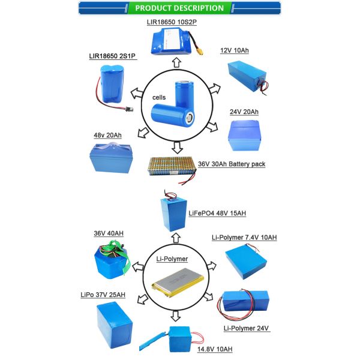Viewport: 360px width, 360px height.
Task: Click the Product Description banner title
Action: pyautogui.click(x=179, y=8)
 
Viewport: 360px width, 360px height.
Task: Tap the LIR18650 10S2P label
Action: pyautogui.click(x=175, y=22)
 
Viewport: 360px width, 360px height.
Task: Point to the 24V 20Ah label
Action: pyautogui.click(x=245, y=112)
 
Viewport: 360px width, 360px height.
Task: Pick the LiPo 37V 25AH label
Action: pyautogui.click(x=101, y=295)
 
